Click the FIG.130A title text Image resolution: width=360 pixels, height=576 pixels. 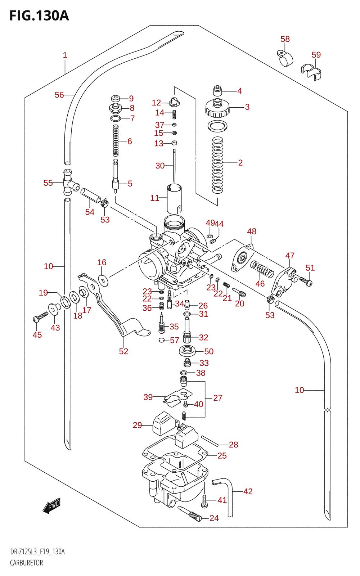tap(39, 16)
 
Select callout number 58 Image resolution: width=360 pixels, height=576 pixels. tap(285, 39)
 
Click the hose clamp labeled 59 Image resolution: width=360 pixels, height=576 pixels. tap(311, 72)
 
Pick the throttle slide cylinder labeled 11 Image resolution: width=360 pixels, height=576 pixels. tap(174, 199)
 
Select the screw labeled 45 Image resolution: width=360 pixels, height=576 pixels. tap(41, 317)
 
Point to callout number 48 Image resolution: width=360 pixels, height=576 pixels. tap(252, 231)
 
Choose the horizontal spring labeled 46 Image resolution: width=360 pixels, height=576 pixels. tap(262, 269)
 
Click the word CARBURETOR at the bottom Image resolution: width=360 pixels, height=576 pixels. tap(27, 563)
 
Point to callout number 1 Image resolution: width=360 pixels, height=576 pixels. tap(65, 55)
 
